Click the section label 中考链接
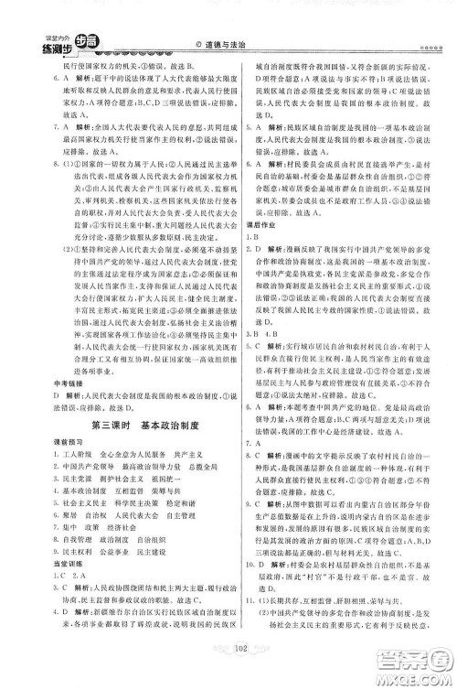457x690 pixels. pos(51,383)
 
